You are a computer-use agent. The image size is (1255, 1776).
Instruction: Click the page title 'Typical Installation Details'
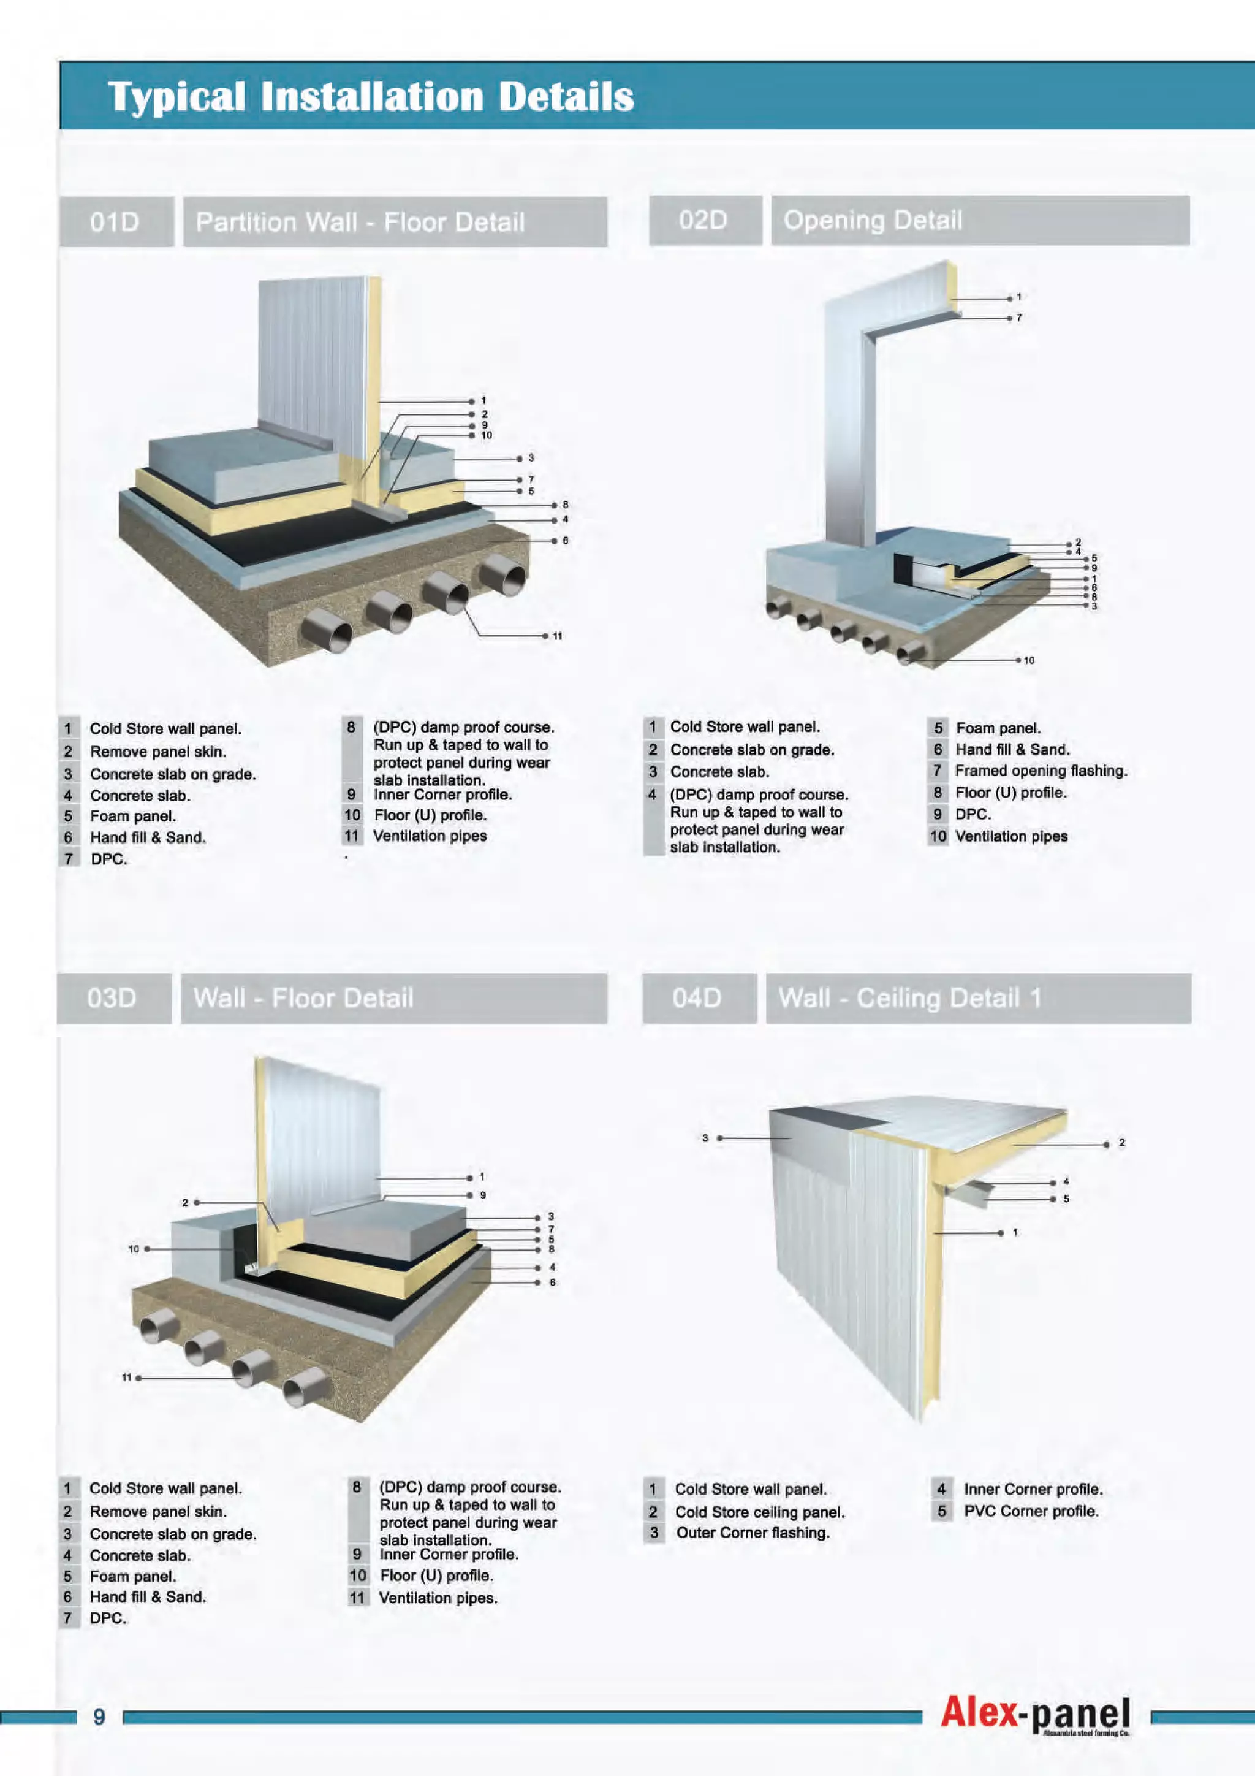pos(371,97)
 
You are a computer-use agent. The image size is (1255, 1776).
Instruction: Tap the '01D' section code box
pos(116,222)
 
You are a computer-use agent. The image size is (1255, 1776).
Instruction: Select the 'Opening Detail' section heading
pos(873,221)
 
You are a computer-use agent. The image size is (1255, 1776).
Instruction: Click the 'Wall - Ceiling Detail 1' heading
pos(909,998)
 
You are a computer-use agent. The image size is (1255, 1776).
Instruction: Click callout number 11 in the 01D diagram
pos(557,636)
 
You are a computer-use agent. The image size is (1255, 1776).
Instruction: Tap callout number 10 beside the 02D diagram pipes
pos(1029,661)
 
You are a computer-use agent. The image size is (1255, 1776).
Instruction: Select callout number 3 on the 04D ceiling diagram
pos(705,1138)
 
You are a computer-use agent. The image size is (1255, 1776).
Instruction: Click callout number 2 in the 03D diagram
pos(185,1202)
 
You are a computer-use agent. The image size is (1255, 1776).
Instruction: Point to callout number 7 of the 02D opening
pos(1019,318)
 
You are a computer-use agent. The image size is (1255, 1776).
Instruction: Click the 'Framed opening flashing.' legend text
pos(1041,771)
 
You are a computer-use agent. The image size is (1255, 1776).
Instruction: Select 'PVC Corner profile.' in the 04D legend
pos(1031,1511)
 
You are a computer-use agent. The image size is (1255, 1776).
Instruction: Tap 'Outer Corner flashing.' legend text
pos(753,1533)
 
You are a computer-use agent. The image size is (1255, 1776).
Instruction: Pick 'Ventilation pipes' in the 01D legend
pos(430,836)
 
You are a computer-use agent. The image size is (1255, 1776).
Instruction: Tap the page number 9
pos(99,1717)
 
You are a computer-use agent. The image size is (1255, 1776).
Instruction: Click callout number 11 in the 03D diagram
pos(127,1378)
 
